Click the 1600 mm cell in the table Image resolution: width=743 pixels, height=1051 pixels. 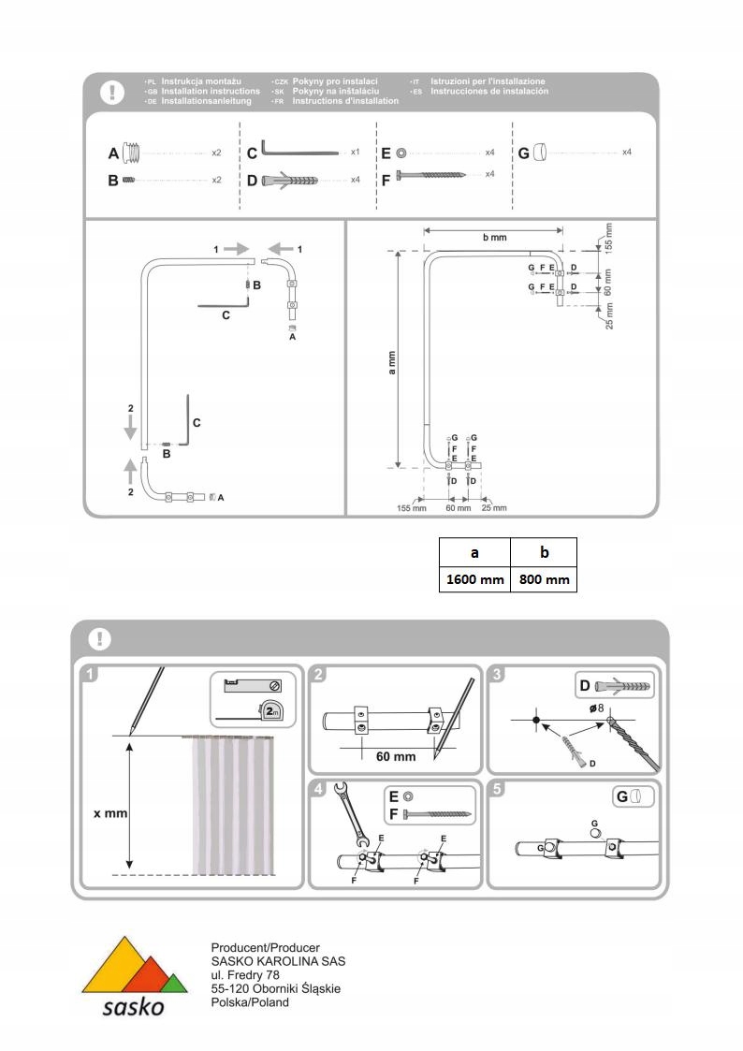[x=474, y=579]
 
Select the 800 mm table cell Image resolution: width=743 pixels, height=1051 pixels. [x=544, y=579]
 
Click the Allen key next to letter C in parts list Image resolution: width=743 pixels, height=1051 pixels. [x=300, y=150]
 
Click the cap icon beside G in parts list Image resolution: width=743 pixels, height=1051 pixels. [x=542, y=152]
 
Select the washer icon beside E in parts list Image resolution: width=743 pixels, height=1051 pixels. [x=400, y=152]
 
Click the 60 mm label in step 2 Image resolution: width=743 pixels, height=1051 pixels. [x=396, y=756]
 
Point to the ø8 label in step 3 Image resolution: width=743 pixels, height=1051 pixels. [x=595, y=708]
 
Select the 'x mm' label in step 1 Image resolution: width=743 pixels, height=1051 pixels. [x=109, y=813]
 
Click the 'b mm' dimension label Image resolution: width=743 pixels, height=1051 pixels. [x=494, y=238]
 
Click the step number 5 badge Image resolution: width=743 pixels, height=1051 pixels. [x=499, y=789]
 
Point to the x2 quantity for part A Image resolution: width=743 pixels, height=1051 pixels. [x=216, y=152]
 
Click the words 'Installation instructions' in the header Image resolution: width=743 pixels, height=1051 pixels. [x=211, y=92]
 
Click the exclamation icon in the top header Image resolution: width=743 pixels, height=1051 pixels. [x=112, y=92]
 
